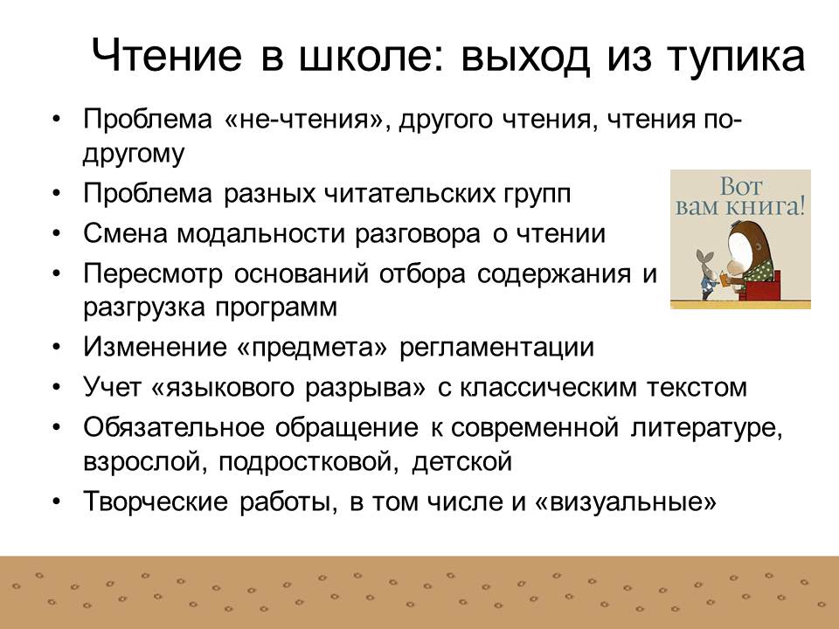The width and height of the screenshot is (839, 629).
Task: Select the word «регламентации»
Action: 496,348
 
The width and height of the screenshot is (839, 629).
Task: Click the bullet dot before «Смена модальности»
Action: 57,235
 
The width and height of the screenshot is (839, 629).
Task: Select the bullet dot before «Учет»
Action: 57,387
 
